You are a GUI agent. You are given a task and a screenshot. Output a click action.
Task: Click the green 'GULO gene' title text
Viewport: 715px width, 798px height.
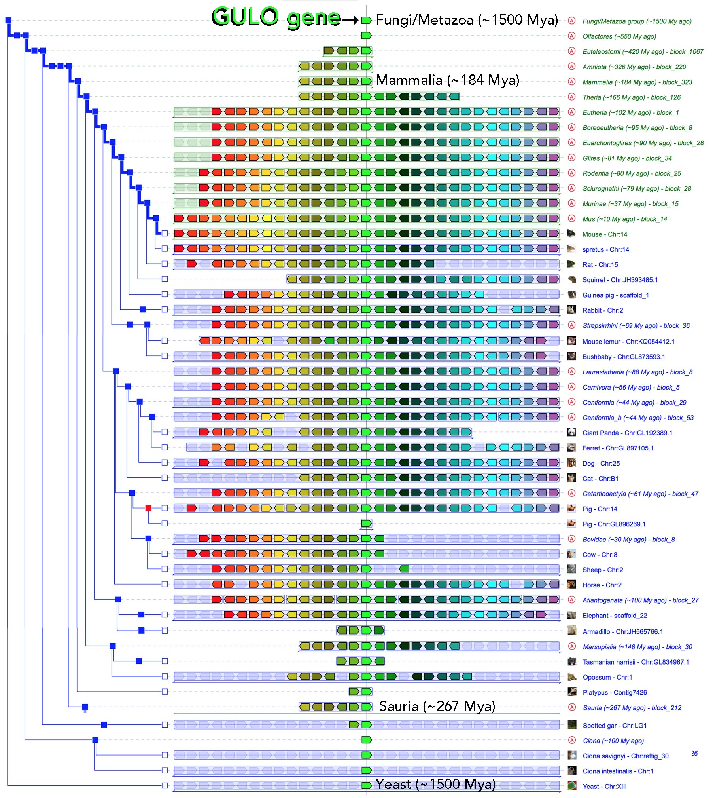click(276, 18)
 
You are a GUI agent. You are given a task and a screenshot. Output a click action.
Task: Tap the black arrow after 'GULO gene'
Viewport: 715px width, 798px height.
click(350, 20)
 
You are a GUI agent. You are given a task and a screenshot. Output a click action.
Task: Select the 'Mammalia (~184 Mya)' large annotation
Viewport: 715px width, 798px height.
click(447, 80)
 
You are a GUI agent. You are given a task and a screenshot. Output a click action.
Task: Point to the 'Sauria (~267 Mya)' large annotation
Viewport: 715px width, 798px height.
click(437, 706)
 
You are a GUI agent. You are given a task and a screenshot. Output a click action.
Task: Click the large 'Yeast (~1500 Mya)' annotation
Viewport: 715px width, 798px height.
click(435, 784)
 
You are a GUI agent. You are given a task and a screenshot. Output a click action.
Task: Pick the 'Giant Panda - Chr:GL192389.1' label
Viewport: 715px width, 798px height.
click(627, 433)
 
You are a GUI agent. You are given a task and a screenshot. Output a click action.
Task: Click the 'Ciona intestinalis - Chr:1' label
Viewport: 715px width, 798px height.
click(618, 771)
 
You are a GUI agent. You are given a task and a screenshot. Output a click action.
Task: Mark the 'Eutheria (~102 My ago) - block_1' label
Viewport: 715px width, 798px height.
click(630, 113)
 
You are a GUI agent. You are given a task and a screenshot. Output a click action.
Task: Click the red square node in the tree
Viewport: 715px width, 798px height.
click(148, 508)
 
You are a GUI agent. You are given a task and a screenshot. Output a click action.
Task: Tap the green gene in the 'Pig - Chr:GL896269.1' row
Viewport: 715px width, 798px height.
click(367, 523)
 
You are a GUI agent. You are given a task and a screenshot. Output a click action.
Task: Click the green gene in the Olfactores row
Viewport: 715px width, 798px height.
click(367, 36)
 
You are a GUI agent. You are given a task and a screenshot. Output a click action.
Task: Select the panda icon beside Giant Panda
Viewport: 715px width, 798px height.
click(571, 432)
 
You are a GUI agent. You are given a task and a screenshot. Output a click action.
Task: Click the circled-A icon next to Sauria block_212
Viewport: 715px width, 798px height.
click(571, 707)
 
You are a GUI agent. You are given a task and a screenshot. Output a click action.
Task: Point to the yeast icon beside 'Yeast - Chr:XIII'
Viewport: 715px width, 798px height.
click(571, 785)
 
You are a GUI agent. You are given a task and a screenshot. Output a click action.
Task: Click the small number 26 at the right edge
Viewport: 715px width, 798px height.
click(694, 753)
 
